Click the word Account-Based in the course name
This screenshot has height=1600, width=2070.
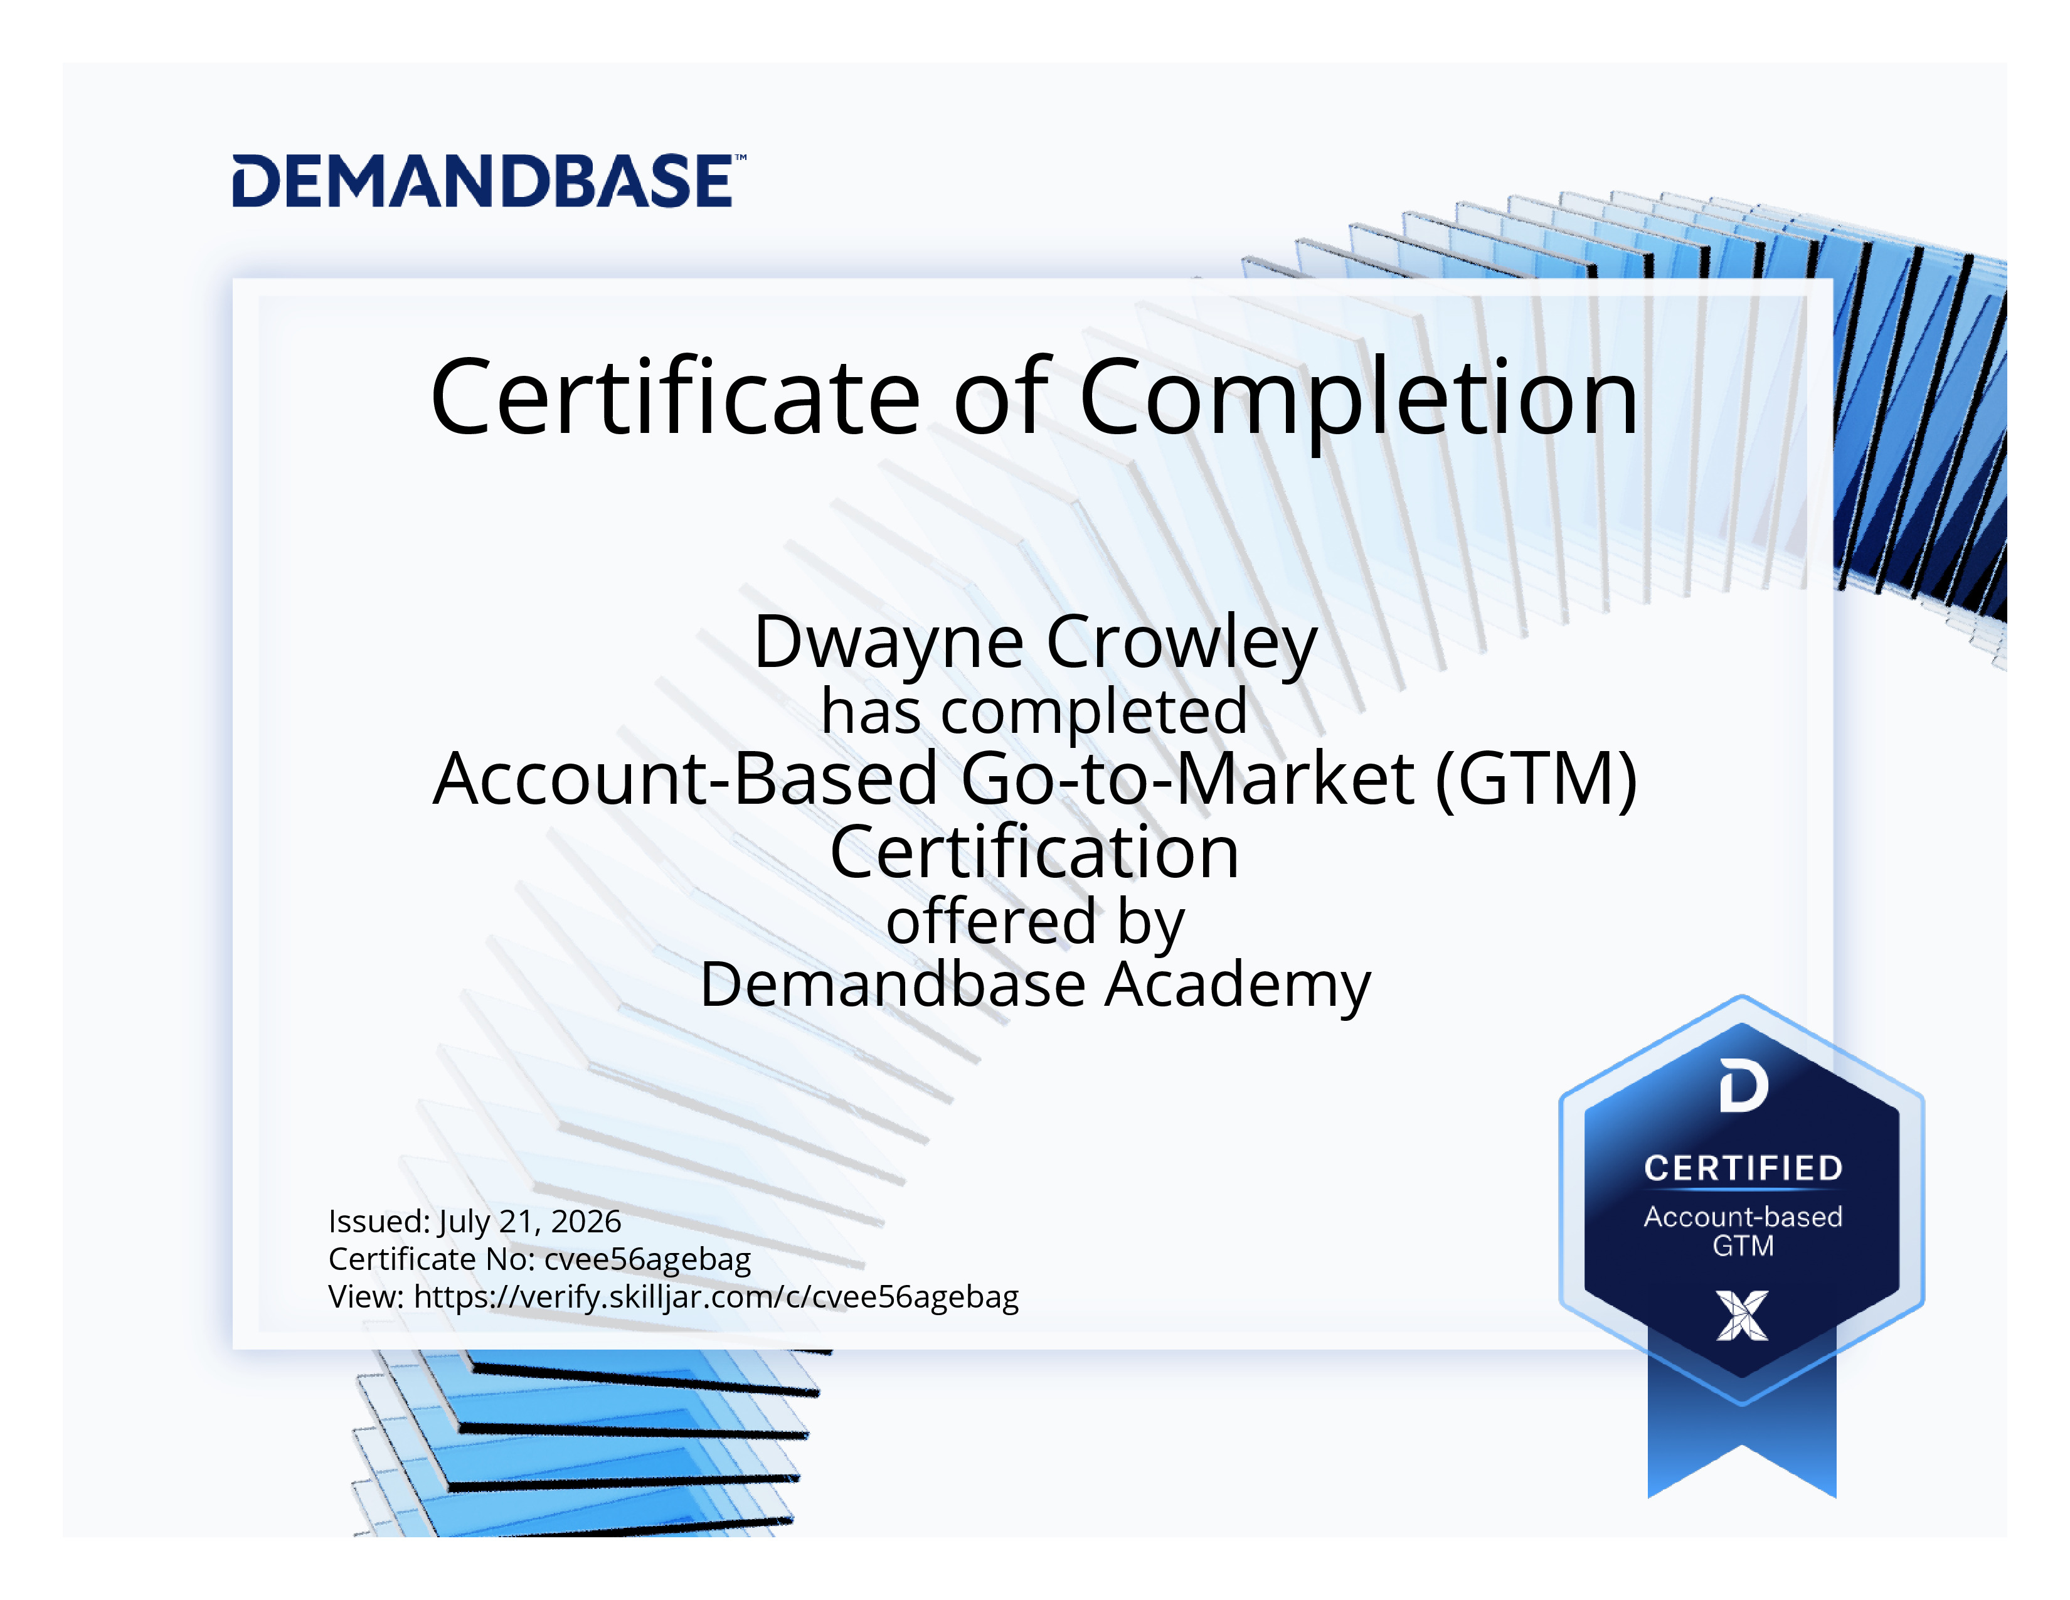685,778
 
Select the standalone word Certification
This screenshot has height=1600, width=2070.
1034,852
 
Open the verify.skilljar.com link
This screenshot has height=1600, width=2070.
716,1298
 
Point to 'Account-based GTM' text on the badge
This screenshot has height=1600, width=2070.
1743,1231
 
